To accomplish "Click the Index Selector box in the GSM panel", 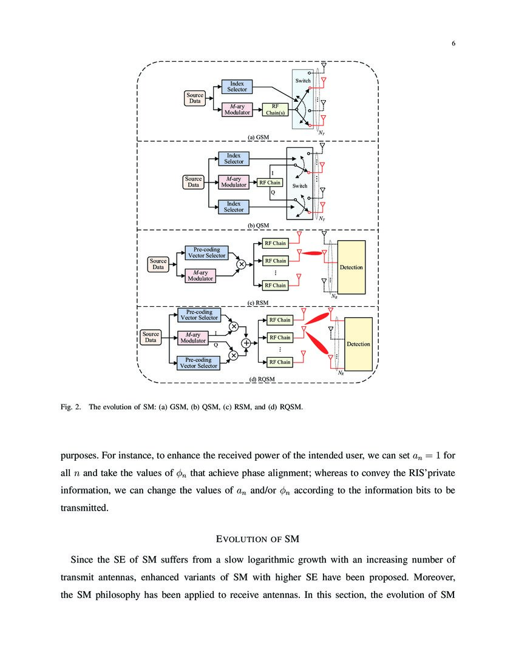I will [x=237, y=86].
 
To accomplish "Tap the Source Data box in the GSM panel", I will [x=195, y=98].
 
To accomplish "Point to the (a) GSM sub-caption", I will [x=258, y=137].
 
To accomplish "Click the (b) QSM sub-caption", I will [x=258, y=225].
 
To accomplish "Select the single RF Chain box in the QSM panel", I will [x=270, y=183].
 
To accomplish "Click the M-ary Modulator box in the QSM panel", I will [x=234, y=182].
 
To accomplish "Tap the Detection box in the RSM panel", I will [x=351, y=267].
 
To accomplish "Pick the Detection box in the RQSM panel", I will [x=358, y=344].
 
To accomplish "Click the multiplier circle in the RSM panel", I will [x=241, y=264].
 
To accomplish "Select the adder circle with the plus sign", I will [x=246, y=343].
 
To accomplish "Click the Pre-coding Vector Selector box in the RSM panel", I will [x=206, y=252].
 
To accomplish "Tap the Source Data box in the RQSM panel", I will [x=151, y=337].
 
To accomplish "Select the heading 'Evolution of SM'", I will [x=257, y=538].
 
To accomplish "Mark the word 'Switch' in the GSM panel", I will [x=303, y=81].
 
